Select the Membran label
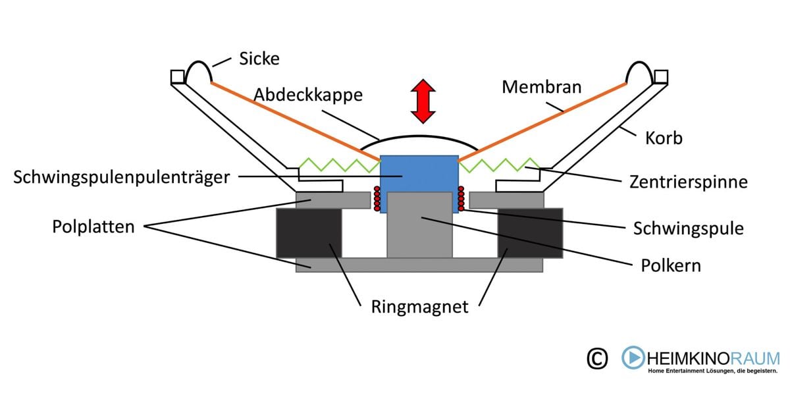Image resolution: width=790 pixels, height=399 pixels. [541, 86]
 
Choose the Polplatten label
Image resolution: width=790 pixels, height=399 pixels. [94, 227]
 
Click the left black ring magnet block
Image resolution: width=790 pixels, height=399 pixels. [309, 233]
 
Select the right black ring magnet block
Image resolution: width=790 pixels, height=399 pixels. [530, 233]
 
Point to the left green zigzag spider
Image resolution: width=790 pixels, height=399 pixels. [340, 163]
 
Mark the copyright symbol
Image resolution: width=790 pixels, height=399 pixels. [596, 358]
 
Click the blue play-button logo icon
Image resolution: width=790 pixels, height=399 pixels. [634, 358]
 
